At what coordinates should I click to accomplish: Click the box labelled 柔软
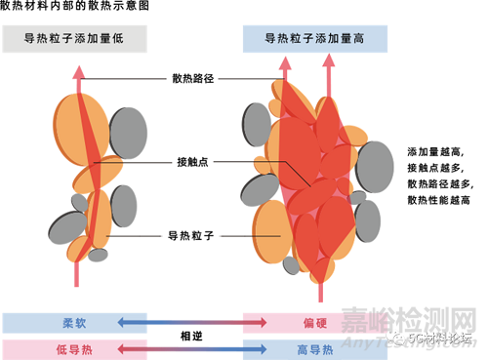(54, 320)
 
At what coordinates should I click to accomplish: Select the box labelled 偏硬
(315, 320)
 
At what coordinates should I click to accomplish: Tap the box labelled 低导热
(54, 347)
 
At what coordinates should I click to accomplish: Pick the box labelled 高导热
(315, 347)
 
